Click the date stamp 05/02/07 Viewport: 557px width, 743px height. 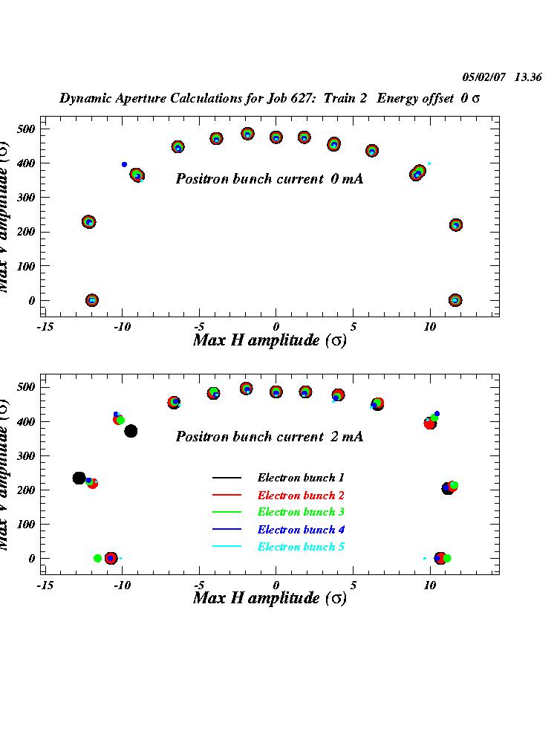pyautogui.click(x=485, y=77)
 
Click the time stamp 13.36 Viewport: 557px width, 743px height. pyautogui.click(x=528, y=77)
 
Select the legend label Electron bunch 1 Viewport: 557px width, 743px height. pyautogui.click(x=301, y=478)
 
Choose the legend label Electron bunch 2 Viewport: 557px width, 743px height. pyautogui.click(x=301, y=495)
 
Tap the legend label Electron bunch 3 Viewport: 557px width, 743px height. pyautogui.click(x=301, y=512)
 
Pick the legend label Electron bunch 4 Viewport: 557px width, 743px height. pyautogui.click(x=301, y=530)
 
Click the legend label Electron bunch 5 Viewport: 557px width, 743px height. pyautogui.click(x=301, y=547)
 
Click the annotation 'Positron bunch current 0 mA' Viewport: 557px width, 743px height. pyautogui.click(x=269, y=179)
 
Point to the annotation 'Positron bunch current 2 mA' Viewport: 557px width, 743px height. pyautogui.click(x=269, y=437)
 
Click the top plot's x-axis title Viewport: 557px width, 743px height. pyautogui.click(x=270, y=340)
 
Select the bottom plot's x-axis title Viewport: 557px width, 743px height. pyautogui.click(x=270, y=598)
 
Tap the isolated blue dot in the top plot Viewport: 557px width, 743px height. pyautogui.click(x=124, y=164)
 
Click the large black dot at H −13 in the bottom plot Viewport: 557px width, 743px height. pyautogui.click(x=79, y=478)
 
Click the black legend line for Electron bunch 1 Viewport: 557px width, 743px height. pyautogui.click(x=227, y=478)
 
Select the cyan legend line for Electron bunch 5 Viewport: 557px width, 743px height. pyautogui.click(x=227, y=547)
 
